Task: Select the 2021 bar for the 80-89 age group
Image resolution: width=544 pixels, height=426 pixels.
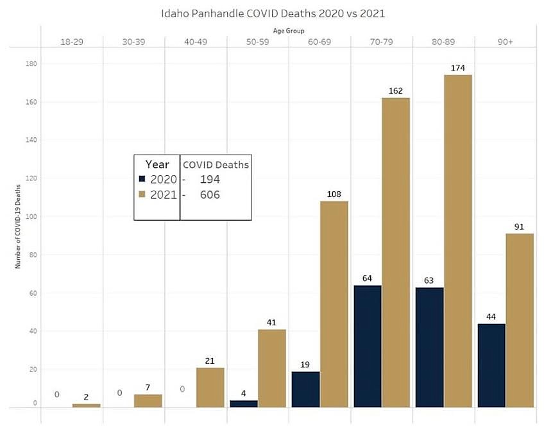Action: tap(458, 241)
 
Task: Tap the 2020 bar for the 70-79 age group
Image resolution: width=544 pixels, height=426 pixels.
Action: tap(367, 346)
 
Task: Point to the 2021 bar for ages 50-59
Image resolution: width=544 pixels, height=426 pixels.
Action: tap(271, 368)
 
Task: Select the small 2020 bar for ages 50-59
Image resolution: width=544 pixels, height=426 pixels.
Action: tap(243, 403)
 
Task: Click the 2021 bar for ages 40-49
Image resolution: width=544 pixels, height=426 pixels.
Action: tap(210, 387)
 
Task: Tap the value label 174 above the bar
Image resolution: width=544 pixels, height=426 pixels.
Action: tap(458, 67)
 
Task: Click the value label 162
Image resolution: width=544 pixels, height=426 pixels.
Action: tap(396, 90)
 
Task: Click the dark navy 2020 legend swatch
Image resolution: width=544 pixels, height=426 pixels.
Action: tap(143, 179)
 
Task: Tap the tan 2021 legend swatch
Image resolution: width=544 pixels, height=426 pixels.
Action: tap(143, 194)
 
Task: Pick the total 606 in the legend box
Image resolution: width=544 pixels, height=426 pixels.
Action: tap(210, 194)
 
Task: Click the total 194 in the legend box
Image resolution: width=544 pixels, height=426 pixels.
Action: tap(210, 179)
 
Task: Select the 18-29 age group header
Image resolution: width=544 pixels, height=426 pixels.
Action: tap(71, 41)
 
